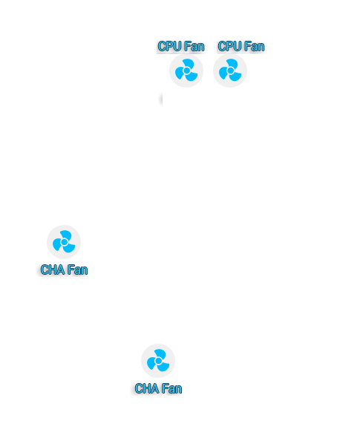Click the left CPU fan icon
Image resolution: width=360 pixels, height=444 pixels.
click(x=186, y=71)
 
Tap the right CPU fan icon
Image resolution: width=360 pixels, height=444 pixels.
click(x=230, y=71)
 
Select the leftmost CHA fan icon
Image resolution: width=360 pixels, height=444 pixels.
click(x=64, y=242)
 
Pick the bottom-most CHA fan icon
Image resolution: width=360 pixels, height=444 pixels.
click(x=158, y=361)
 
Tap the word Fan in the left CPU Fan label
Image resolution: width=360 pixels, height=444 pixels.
click(x=194, y=46)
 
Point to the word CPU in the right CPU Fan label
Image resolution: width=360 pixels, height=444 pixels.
click(x=229, y=46)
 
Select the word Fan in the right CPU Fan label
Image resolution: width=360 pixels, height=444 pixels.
click(x=254, y=46)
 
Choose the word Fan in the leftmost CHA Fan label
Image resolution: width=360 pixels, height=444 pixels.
click(x=77, y=270)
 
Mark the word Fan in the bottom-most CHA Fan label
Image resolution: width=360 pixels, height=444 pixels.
click(x=171, y=388)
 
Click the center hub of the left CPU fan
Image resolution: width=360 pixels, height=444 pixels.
click(x=186, y=71)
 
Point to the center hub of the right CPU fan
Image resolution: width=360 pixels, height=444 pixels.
click(x=230, y=71)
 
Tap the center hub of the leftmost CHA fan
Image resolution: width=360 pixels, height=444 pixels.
click(x=65, y=242)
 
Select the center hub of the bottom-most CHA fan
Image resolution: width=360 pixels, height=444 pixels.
click(x=159, y=361)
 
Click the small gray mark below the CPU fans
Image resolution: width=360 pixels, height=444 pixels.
click(x=161, y=99)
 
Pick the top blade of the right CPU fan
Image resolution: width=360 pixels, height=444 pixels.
click(x=233, y=63)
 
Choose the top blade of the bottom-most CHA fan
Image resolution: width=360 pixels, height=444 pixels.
click(x=161, y=353)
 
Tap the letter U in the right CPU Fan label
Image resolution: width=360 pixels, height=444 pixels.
click(x=234, y=46)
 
